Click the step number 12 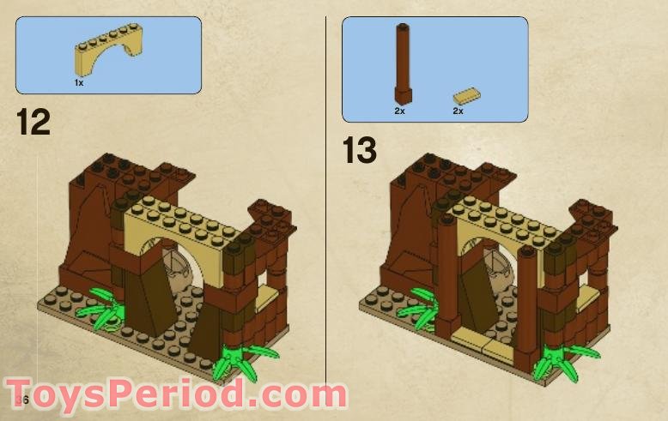(33, 123)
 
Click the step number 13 (360, 150)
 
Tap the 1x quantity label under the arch (79, 82)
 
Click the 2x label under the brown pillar (399, 111)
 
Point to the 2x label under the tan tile (458, 111)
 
